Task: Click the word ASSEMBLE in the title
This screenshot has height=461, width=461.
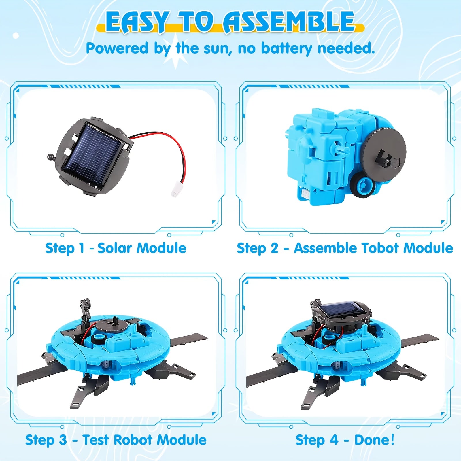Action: [x=289, y=22]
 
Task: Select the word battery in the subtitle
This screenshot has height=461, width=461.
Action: [x=286, y=48]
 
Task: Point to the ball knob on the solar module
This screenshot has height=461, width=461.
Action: [x=50, y=157]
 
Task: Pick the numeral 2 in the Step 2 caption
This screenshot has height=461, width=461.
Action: [x=274, y=248]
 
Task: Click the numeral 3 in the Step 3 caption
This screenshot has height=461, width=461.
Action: [x=63, y=440]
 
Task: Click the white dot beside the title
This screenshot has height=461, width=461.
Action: [x=16, y=36]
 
